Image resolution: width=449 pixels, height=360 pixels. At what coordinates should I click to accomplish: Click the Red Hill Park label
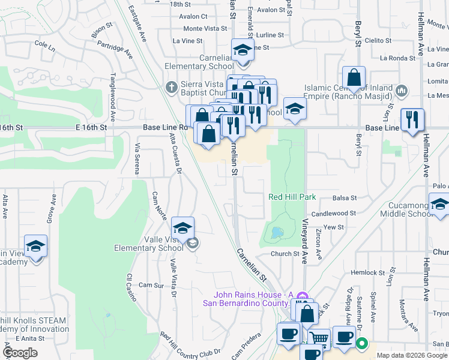[291, 197]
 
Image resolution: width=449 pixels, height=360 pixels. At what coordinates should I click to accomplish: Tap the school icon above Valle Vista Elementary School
[182, 228]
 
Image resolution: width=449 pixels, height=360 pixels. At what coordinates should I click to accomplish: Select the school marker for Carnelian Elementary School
[243, 50]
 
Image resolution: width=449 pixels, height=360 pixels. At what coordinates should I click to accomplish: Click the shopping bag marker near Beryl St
[354, 77]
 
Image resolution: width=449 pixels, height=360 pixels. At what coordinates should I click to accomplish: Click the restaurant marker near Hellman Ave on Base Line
[412, 119]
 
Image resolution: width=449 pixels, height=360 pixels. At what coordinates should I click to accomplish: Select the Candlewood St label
[334, 213]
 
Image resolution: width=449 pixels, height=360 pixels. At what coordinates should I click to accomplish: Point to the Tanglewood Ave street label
[112, 97]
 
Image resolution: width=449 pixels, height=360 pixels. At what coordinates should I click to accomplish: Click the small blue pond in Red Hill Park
[276, 231]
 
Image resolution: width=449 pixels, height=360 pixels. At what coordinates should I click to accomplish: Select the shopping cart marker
[319, 339]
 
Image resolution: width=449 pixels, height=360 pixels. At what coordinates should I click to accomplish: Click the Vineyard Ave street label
[305, 249]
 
